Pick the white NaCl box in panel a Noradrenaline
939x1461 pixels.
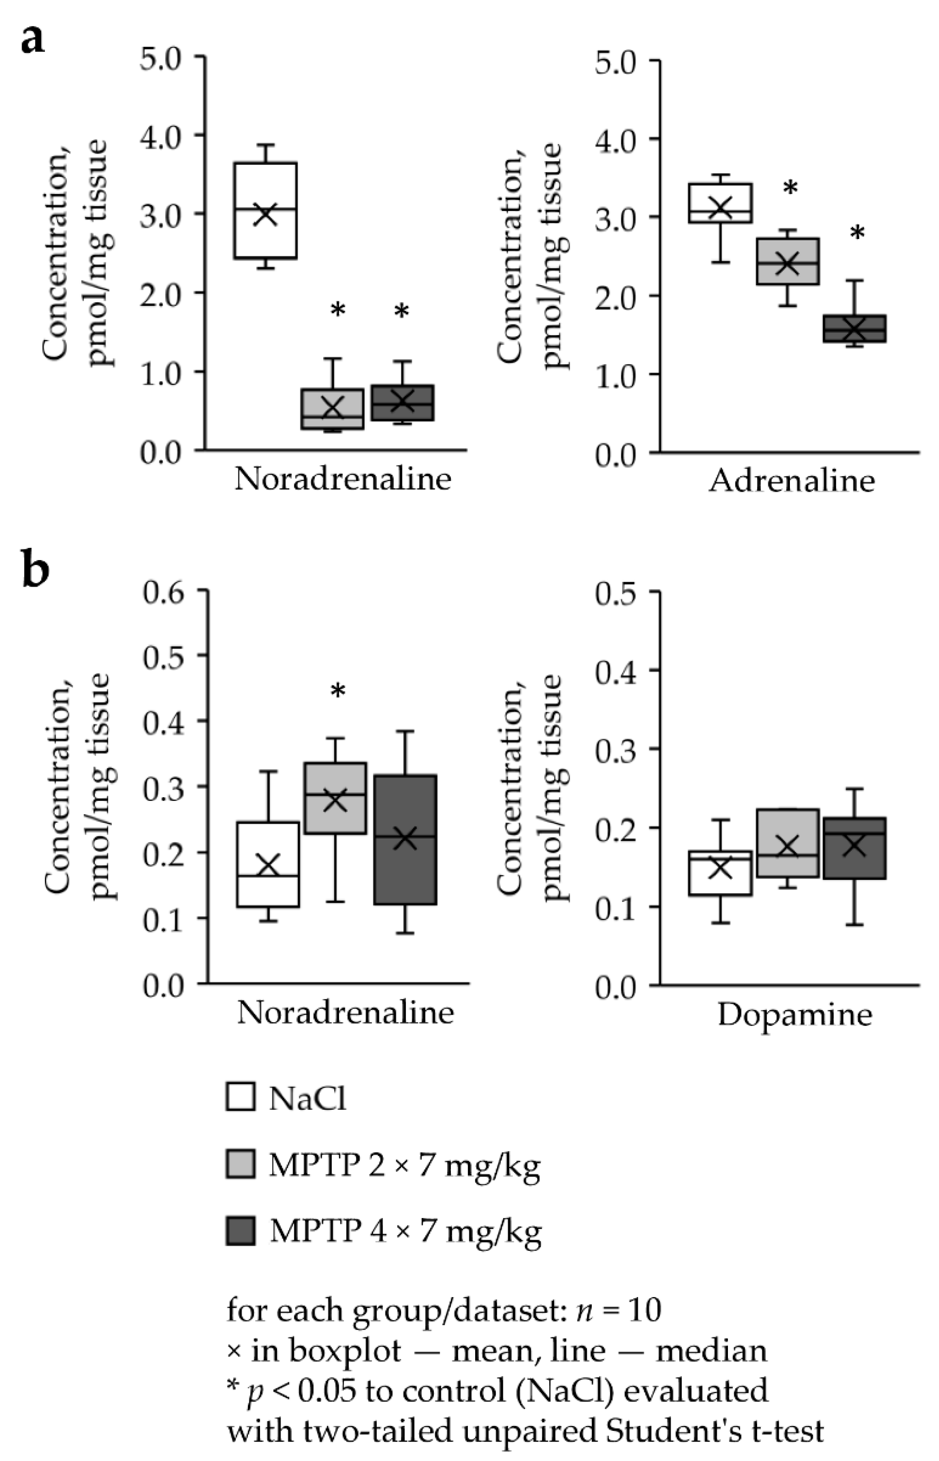(x=266, y=210)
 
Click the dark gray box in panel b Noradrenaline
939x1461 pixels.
(x=405, y=839)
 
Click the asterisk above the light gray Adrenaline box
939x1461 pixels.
(x=789, y=188)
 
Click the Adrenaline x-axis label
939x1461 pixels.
(x=791, y=481)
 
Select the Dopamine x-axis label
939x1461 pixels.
(x=794, y=1015)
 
